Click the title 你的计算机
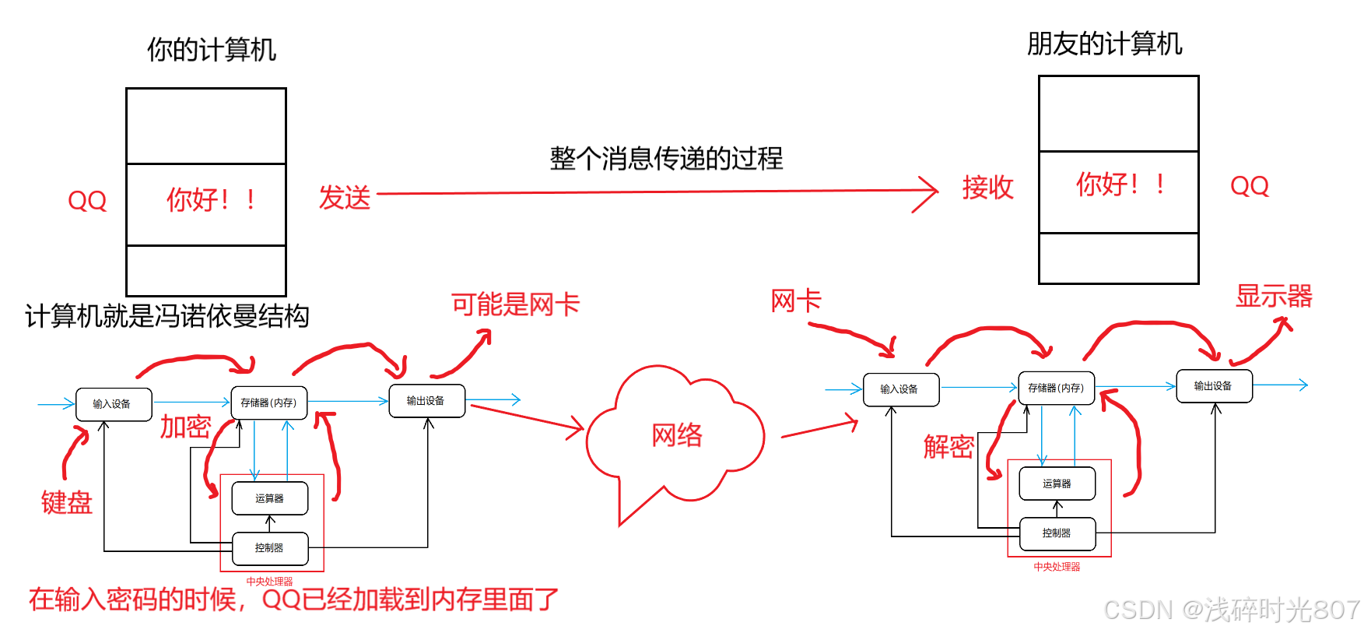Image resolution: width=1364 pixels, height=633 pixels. (x=212, y=50)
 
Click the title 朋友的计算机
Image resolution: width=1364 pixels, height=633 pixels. (x=1104, y=44)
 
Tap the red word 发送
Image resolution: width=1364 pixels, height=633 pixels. (x=345, y=198)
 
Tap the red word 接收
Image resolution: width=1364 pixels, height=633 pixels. (x=987, y=188)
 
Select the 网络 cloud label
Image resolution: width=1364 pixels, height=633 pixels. (x=677, y=434)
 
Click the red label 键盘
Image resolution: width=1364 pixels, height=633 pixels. (x=67, y=502)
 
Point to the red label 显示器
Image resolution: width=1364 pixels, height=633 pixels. (x=1274, y=296)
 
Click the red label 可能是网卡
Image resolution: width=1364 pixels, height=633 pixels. (x=515, y=304)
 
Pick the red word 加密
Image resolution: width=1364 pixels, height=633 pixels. (x=185, y=427)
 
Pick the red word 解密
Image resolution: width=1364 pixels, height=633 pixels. (x=948, y=446)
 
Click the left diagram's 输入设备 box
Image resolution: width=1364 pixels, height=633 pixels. (x=113, y=404)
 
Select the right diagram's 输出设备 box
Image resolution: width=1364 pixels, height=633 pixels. (x=1213, y=386)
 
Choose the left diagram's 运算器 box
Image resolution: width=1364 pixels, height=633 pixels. (x=270, y=498)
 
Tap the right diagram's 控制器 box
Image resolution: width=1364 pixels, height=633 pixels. (x=1057, y=533)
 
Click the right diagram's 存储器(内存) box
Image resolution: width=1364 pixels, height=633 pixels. (x=1056, y=388)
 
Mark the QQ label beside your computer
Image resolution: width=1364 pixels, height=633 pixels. (x=87, y=201)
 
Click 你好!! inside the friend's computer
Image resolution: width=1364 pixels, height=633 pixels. (x=1119, y=185)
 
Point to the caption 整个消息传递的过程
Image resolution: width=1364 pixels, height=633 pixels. (x=666, y=159)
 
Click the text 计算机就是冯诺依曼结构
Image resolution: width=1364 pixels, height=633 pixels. (x=167, y=316)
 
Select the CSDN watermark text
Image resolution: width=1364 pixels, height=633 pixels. (x=1231, y=610)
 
